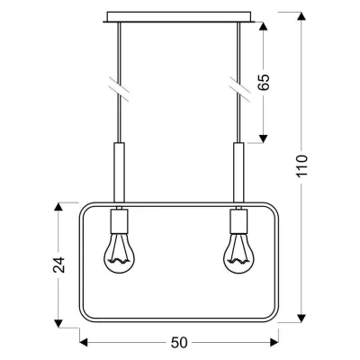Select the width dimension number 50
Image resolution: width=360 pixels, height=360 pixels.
tap(179, 343)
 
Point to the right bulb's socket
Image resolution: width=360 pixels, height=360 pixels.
tap(239, 221)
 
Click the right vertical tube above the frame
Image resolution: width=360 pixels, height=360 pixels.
tap(239, 171)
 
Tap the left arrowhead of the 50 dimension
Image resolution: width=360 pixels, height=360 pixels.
tap(85, 342)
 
